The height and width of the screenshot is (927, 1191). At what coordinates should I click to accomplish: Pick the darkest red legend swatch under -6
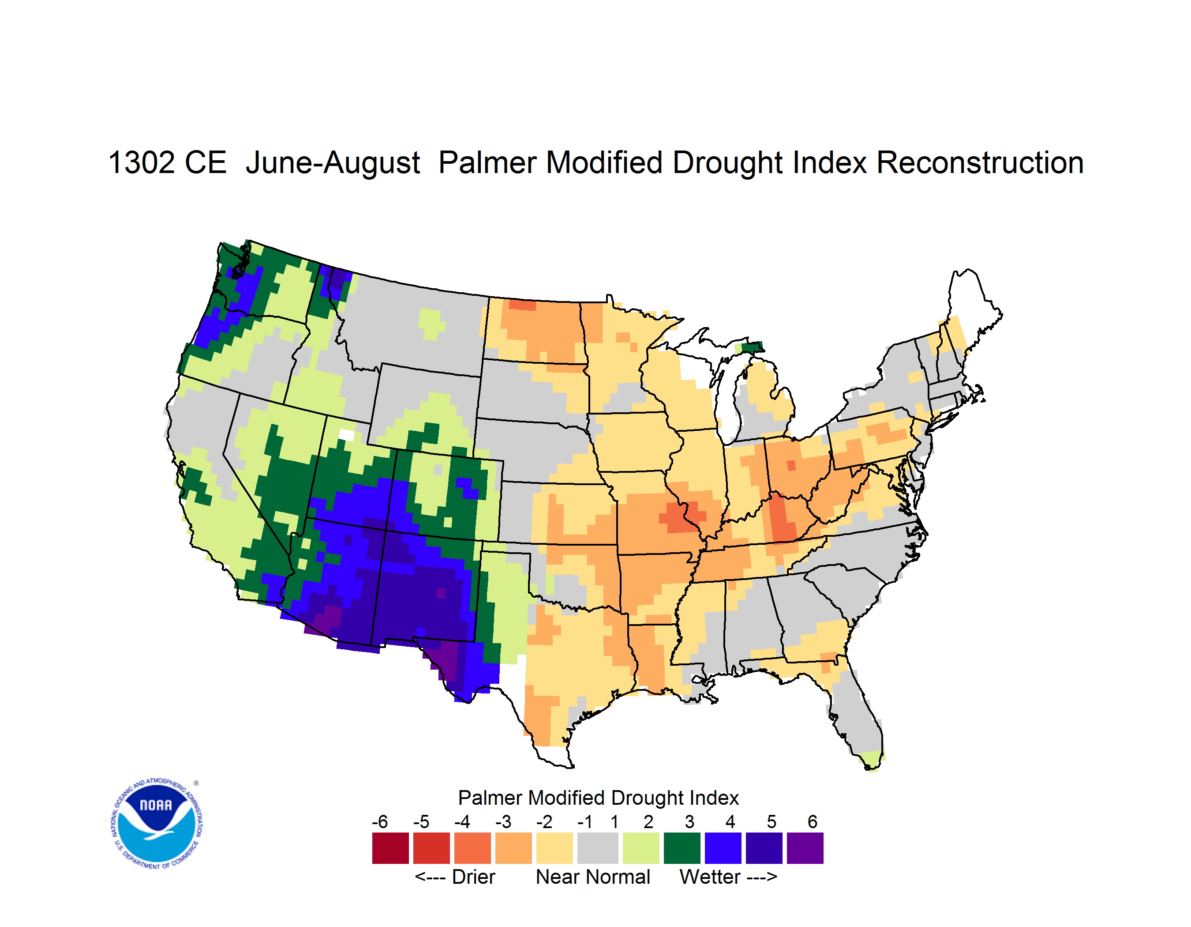[390, 848]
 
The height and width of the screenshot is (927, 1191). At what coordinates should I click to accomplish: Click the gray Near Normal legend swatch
[598, 848]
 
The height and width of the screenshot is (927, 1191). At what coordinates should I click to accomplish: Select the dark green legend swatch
[682, 848]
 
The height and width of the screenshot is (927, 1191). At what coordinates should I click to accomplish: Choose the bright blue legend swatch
[723, 848]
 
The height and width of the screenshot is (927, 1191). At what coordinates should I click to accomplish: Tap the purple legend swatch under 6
[805, 848]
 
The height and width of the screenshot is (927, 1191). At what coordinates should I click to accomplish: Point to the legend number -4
[462, 821]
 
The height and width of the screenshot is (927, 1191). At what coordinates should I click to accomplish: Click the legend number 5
[771, 821]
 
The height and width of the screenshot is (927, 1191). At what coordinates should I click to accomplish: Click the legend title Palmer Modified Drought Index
[598, 798]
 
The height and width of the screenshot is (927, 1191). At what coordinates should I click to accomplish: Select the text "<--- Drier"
[455, 877]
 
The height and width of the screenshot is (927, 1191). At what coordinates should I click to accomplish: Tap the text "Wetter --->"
[728, 877]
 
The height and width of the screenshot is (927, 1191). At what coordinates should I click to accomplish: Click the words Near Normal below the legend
[593, 877]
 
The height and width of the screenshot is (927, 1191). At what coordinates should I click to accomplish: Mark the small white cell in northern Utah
[346, 435]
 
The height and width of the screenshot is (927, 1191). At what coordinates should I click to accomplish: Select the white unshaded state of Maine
[974, 305]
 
